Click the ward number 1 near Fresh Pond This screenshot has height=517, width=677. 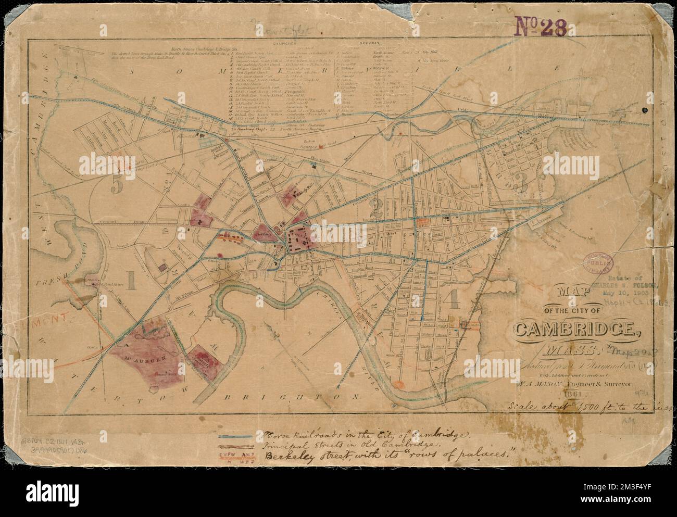(x=131, y=282)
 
